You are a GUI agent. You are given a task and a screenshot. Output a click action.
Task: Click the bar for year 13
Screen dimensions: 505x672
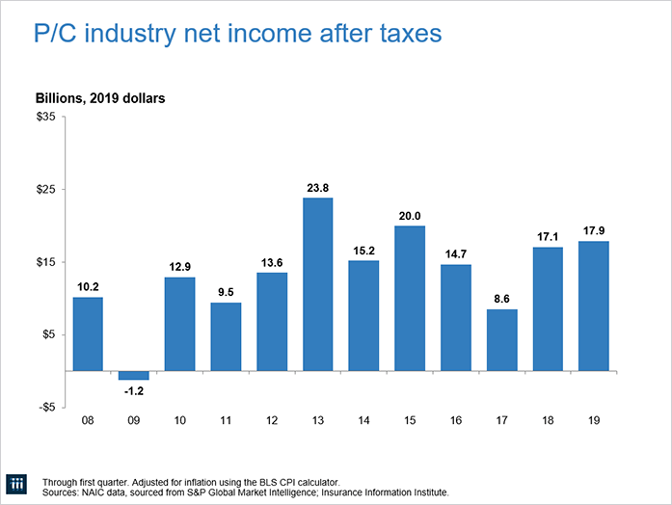tap(318, 283)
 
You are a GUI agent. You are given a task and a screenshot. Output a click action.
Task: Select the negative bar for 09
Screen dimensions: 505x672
tap(134, 375)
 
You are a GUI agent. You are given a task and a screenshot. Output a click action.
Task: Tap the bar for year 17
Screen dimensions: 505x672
tap(501, 339)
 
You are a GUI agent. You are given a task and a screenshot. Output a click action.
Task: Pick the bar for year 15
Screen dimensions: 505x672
tap(410, 298)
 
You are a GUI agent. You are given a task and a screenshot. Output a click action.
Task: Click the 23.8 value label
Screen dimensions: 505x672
tap(318, 188)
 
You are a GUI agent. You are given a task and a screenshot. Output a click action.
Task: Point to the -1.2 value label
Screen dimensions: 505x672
tap(134, 390)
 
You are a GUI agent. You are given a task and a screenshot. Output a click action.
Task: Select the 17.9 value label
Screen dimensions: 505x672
tap(594, 230)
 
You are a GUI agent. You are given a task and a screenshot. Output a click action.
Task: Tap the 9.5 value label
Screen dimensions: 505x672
tap(226, 292)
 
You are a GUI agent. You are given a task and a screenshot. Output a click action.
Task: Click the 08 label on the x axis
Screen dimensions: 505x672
tap(88, 422)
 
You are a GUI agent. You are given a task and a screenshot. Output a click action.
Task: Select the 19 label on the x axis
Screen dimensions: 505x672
tap(594, 422)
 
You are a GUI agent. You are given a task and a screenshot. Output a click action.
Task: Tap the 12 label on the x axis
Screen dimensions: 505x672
tap(272, 422)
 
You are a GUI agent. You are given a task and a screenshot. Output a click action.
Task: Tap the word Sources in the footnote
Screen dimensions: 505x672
tap(62, 492)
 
